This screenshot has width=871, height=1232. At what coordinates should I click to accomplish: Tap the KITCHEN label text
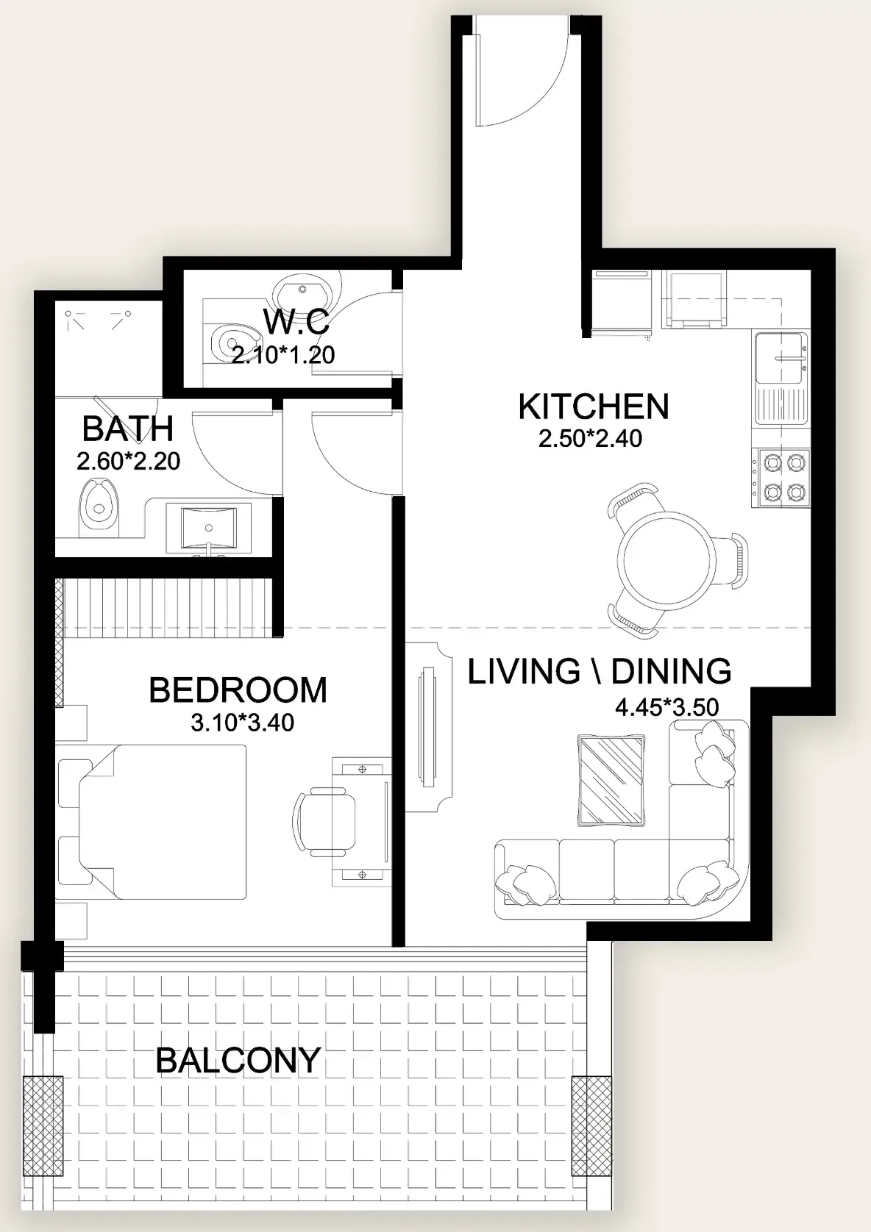tap(594, 407)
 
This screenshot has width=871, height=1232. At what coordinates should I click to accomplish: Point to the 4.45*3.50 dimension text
tap(666, 706)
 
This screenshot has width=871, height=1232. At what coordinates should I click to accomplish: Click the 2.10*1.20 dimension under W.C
tap(283, 355)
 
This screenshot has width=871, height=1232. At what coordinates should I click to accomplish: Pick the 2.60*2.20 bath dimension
tap(128, 461)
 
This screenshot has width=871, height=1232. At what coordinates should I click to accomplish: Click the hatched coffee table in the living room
tap(611, 780)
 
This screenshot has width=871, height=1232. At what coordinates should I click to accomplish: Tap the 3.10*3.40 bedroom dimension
tap(242, 723)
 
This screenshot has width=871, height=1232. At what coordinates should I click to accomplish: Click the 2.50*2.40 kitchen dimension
tap(590, 438)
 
